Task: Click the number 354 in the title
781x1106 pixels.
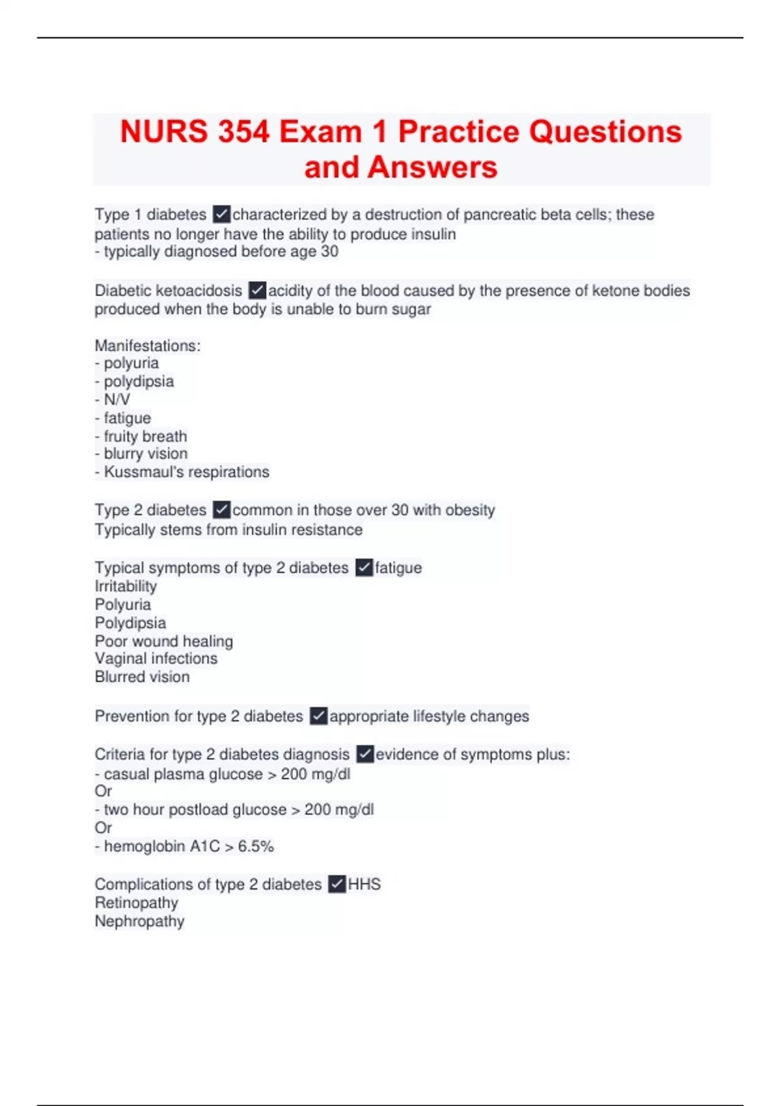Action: (243, 132)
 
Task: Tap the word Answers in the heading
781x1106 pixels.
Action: (432, 167)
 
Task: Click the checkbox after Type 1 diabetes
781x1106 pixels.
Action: (221, 214)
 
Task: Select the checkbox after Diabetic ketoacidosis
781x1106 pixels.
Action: (257, 290)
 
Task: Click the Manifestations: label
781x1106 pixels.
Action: (148, 345)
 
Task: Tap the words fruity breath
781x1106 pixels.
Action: (145, 436)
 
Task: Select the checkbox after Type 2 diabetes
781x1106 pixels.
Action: (221, 509)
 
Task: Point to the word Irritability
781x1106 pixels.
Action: (126, 586)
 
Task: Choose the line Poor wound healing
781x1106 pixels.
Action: (163, 641)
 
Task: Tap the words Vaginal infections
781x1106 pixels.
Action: (156, 658)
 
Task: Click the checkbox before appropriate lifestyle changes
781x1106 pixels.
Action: (318, 716)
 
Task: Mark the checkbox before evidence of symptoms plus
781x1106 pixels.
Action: (364, 754)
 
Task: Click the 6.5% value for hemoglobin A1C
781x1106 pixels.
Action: (256, 846)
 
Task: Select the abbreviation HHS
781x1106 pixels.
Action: (364, 884)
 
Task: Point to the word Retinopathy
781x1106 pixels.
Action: (137, 902)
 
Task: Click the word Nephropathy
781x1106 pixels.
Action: (139, 921)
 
